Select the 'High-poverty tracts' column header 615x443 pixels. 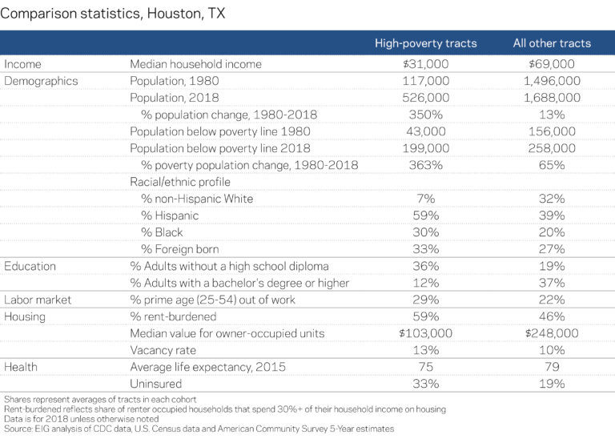coord(425,43)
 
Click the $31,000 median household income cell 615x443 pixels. coord(425,64)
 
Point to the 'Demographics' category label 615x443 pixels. coord(42,81)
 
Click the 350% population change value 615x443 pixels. coord(425,115)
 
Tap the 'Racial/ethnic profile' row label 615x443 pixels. coord(181,182)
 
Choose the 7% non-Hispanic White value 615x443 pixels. coord(425,199)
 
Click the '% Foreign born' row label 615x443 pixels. coord(179,249)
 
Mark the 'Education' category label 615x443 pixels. coord(30,266)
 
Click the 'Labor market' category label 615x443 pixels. coord(38,300)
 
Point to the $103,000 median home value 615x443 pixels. coord(425,333)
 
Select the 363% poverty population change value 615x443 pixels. coord(425,165)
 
